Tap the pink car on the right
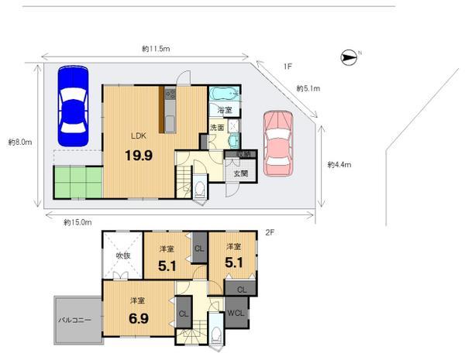click(x=277, y=142)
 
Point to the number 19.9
click(x=139, y=155)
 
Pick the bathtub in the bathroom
click(x=224, y=94)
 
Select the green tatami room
click(x=77, y=183)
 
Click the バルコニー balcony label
click(x=76, y=319)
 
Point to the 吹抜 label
click(x=122, y=255)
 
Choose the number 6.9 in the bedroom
click(x=139, y=317)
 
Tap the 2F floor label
click(x=270, y=231)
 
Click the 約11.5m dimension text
click(x=156, y=49)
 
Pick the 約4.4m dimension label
click(x=339, y=164)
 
